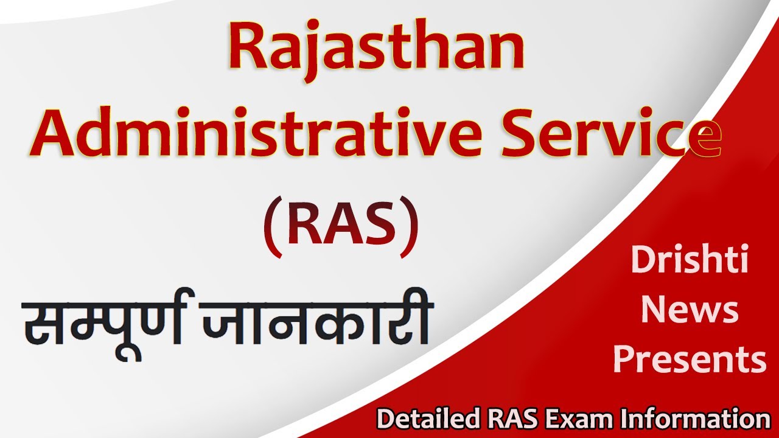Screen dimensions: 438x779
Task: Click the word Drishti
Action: click(690, 260)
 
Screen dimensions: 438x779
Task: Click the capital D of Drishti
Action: click(643, 260)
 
